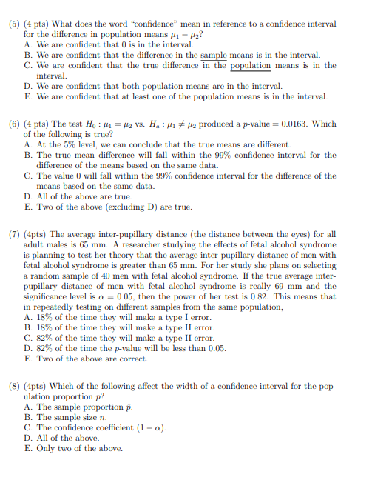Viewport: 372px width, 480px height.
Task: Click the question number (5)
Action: pyautogui.click(x=15, y=24)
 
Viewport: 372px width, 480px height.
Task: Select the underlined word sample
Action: pyautogui.click(x=214, y=55)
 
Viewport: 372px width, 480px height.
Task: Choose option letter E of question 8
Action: pyautogui.click(x=28, y=448)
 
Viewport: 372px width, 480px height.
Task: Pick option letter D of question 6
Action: pyautogui.click(x=28, y=196)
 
